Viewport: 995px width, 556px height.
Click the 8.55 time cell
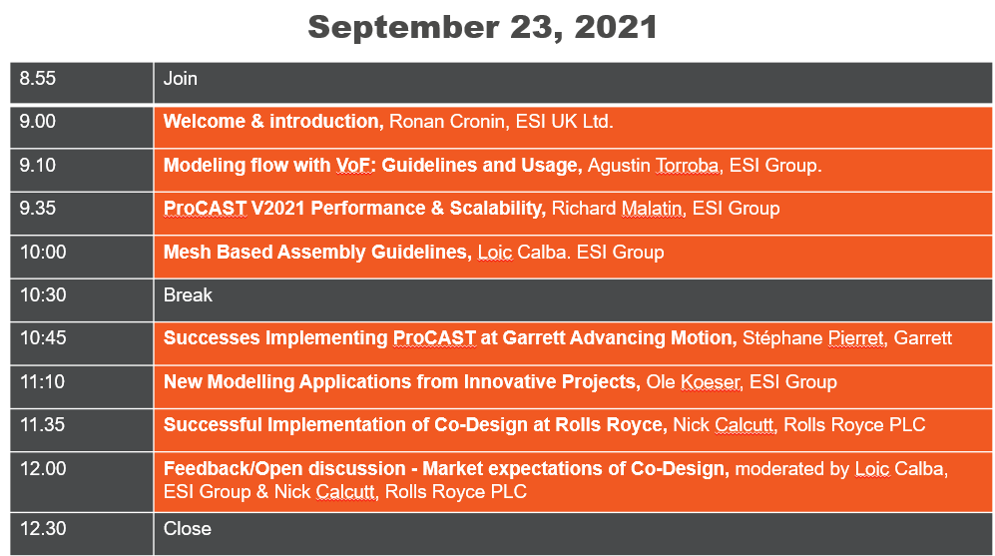[81, 83]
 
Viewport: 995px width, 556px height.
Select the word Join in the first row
[181, 79]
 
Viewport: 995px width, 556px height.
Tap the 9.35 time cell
[81, 214]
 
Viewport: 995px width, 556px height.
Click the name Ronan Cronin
[447, 121]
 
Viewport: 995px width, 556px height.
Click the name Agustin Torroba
[654, 165]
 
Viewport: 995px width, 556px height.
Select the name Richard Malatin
[617, 209]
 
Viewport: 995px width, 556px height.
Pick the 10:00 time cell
[81, 258]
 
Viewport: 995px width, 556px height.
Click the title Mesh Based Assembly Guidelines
[316, 252]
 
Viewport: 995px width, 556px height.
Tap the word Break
[188, 295]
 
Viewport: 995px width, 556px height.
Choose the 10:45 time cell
[81, 343]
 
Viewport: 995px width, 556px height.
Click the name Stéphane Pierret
[813, 337]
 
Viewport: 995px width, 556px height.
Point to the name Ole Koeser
[693, 381]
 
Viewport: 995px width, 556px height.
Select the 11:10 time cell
[81, 387]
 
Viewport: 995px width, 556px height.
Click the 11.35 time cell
[81, 430]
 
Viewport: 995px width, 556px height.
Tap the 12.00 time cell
[81, 482]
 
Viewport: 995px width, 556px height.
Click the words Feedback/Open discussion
[284, 468]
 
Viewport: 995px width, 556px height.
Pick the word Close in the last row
[188, 529]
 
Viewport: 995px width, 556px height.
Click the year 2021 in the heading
[616, 27]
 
